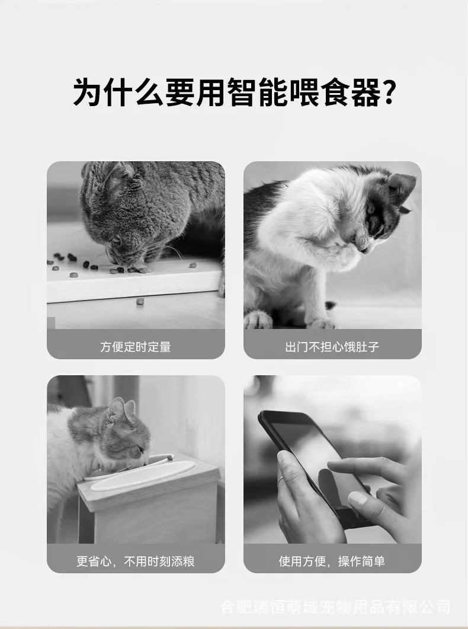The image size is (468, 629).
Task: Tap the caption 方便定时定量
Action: [136, 347]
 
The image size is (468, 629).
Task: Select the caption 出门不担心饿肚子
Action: [332, 347]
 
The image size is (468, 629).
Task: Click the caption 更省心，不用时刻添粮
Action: [136, 561]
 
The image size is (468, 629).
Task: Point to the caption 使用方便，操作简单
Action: [332, 561]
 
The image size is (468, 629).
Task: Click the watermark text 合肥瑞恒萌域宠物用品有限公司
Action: [336, 606]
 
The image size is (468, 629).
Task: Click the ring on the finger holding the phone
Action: [281, 480]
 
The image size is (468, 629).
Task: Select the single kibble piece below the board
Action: [139, 301]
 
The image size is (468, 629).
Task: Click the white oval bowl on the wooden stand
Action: [142, 476]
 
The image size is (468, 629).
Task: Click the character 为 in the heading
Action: [86, 92]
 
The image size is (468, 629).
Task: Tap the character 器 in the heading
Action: [364, 92]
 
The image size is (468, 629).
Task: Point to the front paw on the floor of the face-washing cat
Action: [258, 320]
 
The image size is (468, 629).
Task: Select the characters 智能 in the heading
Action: [257, 92]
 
